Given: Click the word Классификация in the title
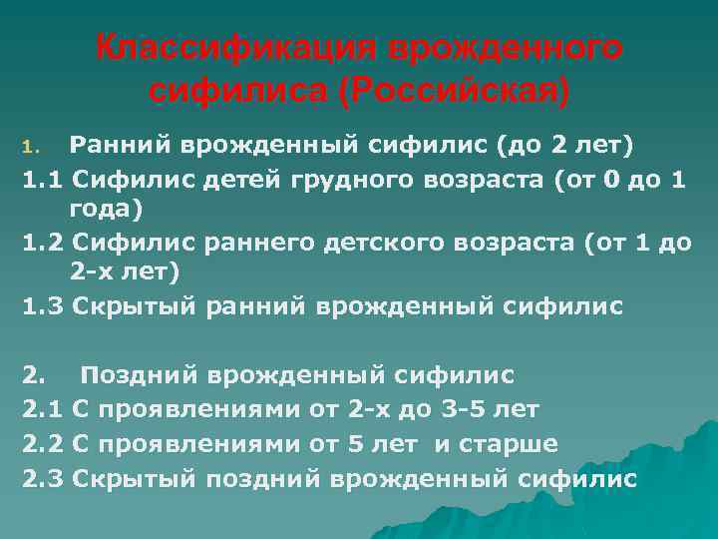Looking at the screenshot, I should point(235,50).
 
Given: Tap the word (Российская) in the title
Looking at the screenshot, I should point(456,92).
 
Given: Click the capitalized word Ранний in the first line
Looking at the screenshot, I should point(118,148).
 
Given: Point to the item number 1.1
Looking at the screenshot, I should point(43,181).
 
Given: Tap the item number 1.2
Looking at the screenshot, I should point(43,243).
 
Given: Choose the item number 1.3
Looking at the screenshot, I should point(43,306).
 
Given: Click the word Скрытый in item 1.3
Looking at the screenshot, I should point(133,306).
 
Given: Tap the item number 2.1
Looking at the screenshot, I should point(43,408).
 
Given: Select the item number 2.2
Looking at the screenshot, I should point(43,442).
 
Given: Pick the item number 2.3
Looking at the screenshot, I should point(43,477).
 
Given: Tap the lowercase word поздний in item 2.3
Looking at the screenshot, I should point(261,477).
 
